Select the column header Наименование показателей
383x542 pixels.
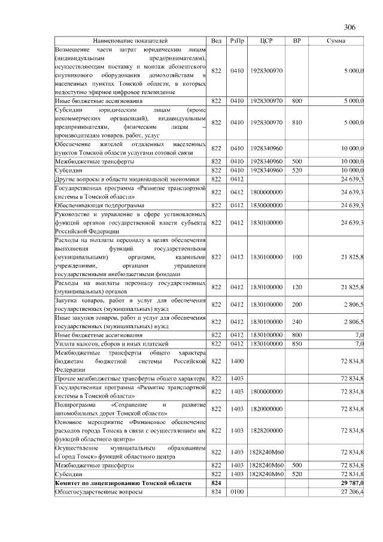coord(130,40)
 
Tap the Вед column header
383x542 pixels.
coord(217,40)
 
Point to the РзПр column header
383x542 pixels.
coord(237,40)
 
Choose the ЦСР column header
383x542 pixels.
coord(267,40)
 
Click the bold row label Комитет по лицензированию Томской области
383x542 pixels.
coord(123,483)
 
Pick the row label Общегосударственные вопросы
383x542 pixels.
coord(99,492)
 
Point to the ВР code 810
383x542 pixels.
coord(297,122)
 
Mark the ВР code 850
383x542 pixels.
coord(297,343)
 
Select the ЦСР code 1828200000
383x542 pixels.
coord(267,430)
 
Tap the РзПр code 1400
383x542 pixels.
coord(237,361)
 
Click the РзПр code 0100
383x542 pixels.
coord(237,492)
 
